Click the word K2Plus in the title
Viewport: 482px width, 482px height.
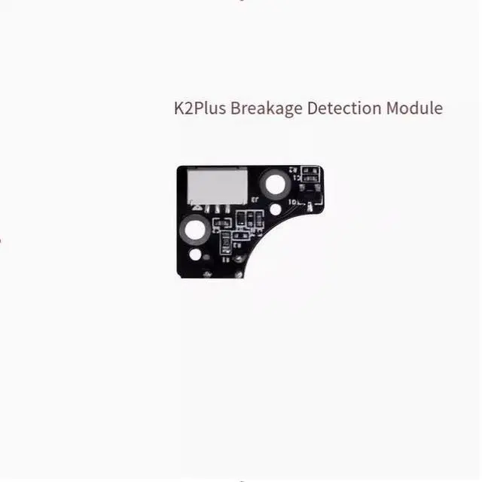tap(200, 108)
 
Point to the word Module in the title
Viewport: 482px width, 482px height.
tap(414, 108)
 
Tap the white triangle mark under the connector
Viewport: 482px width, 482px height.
tap(195, 203)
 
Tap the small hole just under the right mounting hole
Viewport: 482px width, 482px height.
tap(276, 209)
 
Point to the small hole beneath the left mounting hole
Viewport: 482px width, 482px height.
tap(196, 255)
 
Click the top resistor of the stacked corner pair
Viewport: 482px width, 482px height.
tap(309, 172)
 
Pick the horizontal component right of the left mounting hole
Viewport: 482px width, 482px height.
tap(221, 224)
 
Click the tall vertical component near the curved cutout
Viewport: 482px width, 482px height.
tap(225, 243)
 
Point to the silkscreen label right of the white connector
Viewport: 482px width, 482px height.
tap(256, 199)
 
